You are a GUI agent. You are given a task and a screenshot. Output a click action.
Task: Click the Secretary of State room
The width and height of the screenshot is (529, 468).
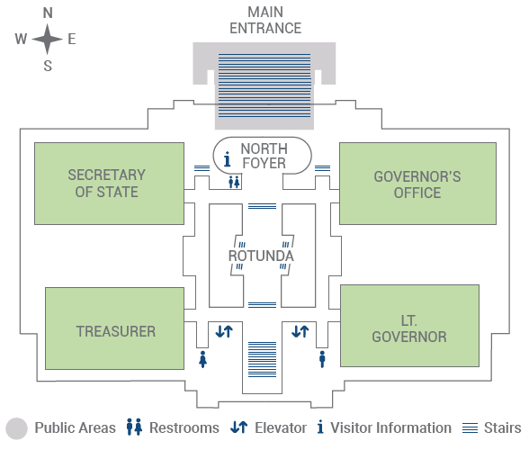[110, 184]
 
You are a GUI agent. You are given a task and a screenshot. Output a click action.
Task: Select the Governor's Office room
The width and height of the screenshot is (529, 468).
[417, 184]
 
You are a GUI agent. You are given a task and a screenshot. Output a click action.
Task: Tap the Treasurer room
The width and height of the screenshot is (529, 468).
[115, 328]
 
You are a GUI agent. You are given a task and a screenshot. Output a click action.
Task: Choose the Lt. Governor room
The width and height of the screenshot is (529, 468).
[409, 326]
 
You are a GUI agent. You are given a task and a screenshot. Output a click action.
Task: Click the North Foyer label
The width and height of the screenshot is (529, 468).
[264, 156]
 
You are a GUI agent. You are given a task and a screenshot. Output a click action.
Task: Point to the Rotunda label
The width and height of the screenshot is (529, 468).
[261, 256]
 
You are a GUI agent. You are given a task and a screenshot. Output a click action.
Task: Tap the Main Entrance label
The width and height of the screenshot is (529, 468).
[265, 20]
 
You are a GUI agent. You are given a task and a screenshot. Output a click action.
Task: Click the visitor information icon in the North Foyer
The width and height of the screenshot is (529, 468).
[228, 159]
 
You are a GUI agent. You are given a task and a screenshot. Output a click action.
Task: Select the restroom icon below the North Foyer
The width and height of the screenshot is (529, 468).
[234, 182]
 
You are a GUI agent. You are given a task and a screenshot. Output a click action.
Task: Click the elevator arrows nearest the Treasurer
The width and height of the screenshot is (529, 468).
[224, 331]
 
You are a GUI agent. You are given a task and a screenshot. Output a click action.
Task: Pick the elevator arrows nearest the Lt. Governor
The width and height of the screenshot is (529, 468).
[300, 331]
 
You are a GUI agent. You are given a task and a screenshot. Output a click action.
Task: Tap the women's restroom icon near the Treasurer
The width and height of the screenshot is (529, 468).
[202, 359]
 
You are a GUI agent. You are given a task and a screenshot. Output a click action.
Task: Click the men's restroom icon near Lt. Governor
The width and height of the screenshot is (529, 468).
[322, 359]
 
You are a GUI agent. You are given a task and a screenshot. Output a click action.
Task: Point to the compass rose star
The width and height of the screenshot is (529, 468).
[47, 39]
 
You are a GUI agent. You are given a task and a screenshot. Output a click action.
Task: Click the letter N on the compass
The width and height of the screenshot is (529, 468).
[48, 13]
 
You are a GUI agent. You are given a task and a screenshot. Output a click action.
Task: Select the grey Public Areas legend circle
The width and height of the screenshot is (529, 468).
[16, 428]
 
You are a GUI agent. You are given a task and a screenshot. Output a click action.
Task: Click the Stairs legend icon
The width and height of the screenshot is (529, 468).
[470, 427]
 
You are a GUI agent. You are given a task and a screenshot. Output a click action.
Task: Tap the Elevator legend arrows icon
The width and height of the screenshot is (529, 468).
[239, 427]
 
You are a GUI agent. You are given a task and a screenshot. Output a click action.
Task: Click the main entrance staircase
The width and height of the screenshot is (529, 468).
[264, 85]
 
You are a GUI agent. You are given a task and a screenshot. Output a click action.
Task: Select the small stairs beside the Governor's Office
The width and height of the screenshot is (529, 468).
[322, 168]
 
